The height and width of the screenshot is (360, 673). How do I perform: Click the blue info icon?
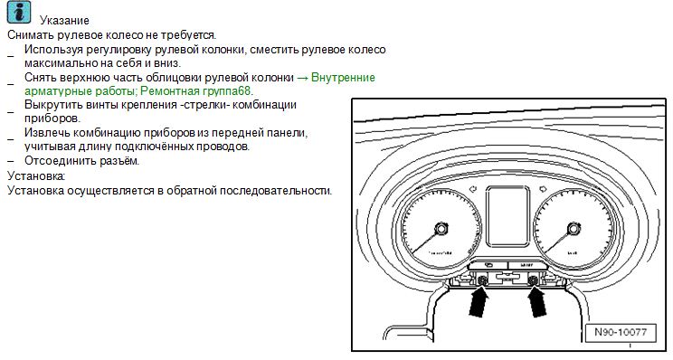[19, 13]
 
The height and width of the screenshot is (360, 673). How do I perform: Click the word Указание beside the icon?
[64, 20]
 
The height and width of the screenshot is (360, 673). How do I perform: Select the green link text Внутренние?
[343, 77]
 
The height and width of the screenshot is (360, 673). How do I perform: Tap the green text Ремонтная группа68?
[196, 91]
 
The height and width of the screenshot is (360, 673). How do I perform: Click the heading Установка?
[36, 175]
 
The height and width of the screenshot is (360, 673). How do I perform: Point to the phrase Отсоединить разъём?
[82, 161]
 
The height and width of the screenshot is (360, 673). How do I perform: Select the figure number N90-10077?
[621, 332]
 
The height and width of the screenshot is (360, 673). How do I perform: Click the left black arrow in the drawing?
[478, 301]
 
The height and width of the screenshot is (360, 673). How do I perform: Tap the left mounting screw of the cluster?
[481, 280]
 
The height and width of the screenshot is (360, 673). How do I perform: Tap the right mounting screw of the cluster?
[534, 280]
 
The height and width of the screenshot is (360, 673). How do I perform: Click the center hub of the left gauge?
[441, 228]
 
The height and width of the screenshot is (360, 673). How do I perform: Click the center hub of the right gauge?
[573, 228]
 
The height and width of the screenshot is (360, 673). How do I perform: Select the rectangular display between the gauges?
[507, 216]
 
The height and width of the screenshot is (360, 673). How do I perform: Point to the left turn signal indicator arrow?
[473, 189]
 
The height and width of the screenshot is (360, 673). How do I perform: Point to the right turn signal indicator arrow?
[543, 188]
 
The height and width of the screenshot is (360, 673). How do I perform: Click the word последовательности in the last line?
[276, 191]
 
